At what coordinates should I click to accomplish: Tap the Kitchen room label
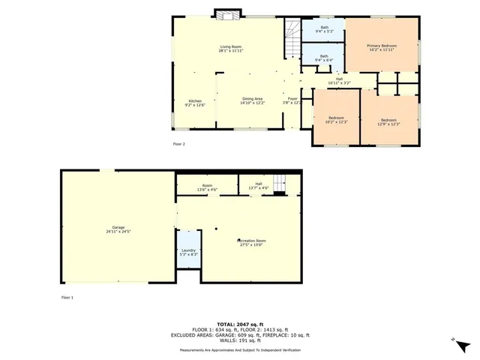195,103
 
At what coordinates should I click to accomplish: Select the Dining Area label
252,101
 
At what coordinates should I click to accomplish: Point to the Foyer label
292,100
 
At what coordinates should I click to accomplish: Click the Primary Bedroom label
382,48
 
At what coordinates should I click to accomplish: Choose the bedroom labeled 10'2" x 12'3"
335,120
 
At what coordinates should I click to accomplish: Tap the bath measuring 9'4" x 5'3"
324,30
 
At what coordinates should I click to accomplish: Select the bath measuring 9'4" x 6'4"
324,57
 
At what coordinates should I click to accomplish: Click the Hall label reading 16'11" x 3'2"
339,80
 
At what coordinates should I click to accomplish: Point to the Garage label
118,229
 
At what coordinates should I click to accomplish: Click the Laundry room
188,253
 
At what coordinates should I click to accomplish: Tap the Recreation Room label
252,242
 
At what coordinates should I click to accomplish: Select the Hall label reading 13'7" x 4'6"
258,186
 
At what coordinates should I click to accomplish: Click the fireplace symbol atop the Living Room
226,13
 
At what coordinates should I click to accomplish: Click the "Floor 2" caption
178,144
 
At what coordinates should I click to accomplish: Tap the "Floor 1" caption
67,298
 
